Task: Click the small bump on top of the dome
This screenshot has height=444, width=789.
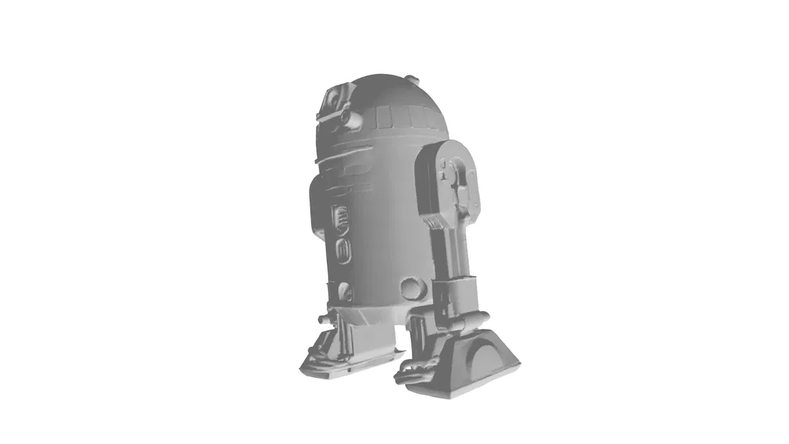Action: [x=414, y=79]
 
